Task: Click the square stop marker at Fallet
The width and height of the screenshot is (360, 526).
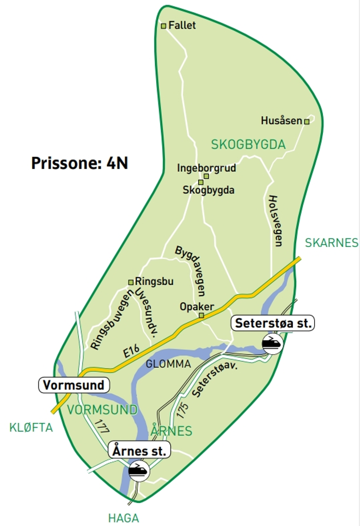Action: click(x=164, y=26)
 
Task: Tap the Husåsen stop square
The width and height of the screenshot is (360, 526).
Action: click(x=307, y=121)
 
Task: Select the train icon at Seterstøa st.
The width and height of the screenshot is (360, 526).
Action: click(x=271, y=343)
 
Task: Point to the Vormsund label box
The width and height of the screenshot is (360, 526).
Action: click(x=74, y=385)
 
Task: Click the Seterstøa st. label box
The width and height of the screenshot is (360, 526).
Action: click(x=274, y=323)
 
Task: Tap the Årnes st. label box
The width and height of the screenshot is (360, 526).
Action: click(x=140, y=451)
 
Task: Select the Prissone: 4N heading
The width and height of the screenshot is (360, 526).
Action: click(x=80, y=163)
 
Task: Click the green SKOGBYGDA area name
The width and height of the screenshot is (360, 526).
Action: click(x=248, y=144)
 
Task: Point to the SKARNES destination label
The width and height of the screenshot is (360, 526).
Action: click(x=331, y=243)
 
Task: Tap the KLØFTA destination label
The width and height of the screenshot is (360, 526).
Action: click(x=31, y=427)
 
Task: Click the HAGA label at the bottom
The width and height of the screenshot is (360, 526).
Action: click(x=123, y=518)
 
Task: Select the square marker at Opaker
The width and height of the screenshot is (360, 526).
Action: click(x=202, y=316)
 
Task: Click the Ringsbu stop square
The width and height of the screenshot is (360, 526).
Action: click(x=131, y=282)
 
